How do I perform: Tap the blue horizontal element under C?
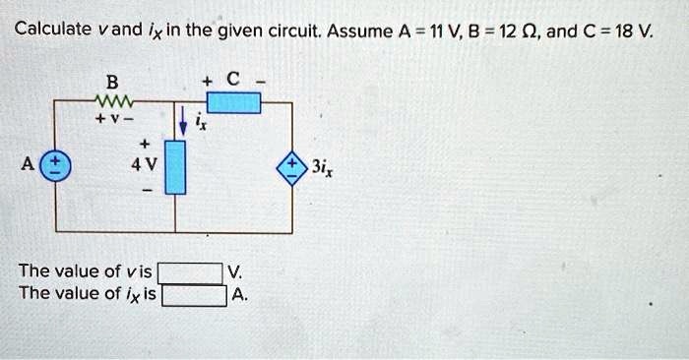click(234, 101)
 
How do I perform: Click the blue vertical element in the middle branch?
click(176, 166)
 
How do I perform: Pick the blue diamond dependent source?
click(292, 164)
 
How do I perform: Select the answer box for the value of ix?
click(194, 294)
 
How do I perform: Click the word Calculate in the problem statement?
click(52, 28)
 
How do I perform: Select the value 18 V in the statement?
click(631, 28)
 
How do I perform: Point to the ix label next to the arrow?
click(197, 122)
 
